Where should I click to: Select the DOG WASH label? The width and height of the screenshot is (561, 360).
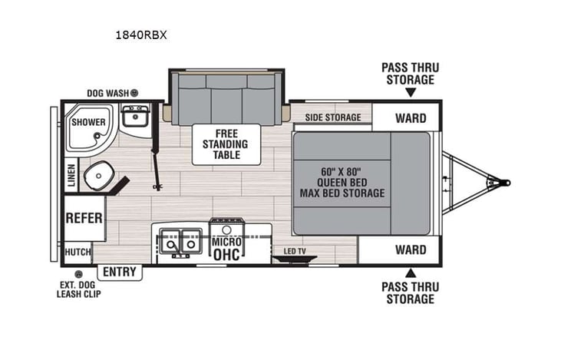click(107, 92)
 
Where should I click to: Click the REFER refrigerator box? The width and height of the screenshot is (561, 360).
click(84, 218)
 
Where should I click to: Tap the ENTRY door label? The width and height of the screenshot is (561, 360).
click(119, 272)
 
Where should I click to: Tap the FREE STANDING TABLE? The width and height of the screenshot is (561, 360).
click(225, 144)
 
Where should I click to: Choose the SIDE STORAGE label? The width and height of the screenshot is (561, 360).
click(332, 117)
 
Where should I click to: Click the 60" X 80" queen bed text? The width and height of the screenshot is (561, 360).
click(342, 182)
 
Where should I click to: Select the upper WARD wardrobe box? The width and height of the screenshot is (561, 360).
click(411, 118)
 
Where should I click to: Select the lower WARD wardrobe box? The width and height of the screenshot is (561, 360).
click(411, 249)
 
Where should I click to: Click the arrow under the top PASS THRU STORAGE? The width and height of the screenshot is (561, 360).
click(411, 93)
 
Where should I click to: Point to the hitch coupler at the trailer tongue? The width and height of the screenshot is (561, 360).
click(503, 183)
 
